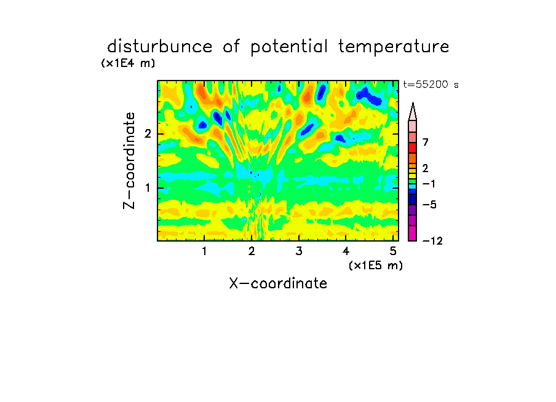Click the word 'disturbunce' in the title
160,46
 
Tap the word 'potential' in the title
289,47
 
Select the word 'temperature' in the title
394,47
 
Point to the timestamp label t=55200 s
431,85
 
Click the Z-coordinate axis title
129,160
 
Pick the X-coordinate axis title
278,283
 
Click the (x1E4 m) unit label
128,63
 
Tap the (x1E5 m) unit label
376,265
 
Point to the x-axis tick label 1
204,251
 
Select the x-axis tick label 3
299,251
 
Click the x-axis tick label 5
393,251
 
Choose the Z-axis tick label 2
148,134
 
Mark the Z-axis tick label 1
148,188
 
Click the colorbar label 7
426,143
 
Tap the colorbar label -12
432,241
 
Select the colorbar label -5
429,205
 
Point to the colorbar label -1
429,184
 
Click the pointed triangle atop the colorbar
413,112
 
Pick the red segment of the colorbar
413,148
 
